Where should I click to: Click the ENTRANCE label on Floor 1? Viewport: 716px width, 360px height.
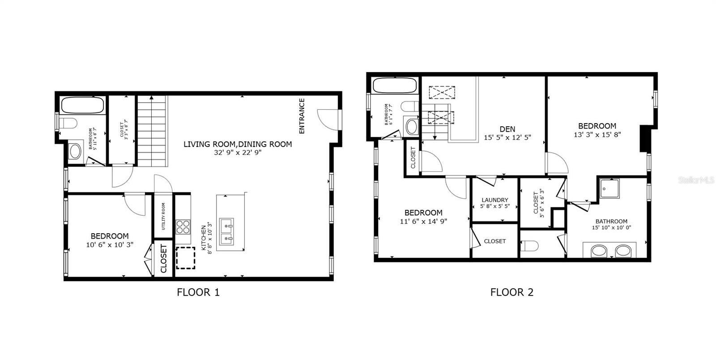(x=302, y=116)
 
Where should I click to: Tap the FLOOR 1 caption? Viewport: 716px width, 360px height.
(x=198, y=293)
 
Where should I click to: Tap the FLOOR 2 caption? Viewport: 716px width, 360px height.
(x=512, y=293)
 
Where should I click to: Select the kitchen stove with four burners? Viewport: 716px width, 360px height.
(x=183, y=227)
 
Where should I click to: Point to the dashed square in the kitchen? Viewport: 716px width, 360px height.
(x=185, y=257)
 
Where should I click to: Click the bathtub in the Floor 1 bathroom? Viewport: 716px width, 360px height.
(x=82, y=105)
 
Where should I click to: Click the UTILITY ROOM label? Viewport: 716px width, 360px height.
(x=164, y=216)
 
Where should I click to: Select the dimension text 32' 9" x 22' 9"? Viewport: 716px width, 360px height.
(x=238, y=152)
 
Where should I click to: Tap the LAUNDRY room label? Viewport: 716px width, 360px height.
(x=494, y=200)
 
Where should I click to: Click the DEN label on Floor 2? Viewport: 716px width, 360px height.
(x=507, y=129)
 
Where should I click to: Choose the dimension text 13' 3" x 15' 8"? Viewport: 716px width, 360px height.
(x=597, y=134)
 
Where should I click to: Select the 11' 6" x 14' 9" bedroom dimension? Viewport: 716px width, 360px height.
(x=423, y=221)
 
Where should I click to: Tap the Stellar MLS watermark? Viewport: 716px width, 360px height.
(x=696, y=180)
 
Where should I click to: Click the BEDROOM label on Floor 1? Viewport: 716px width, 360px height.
(x=110, y=236)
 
